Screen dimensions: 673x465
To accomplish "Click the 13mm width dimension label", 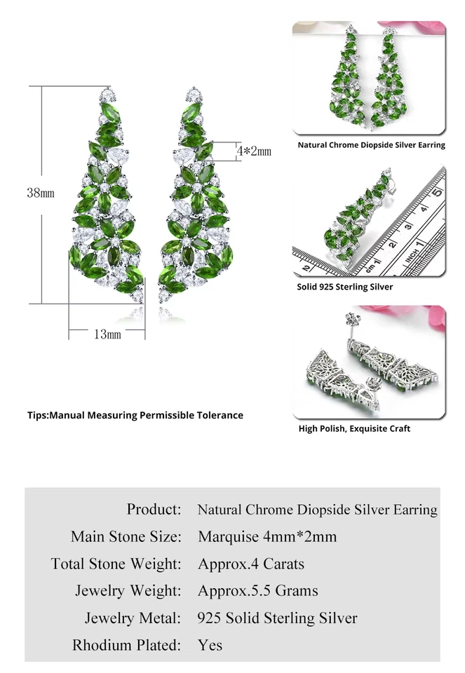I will (x=107, y=334).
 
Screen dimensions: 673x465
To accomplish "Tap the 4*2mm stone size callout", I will (x=253, y=151).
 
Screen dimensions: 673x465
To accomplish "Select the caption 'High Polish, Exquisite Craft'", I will (x=354, y=428).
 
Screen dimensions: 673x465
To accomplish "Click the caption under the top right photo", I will (x=371, y=145).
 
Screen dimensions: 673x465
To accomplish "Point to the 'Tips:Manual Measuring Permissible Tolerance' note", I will (x=135, y=415).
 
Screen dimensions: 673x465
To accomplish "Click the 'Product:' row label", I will (x=154, y=509).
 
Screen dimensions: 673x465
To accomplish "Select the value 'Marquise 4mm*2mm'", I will (x=267, y=536).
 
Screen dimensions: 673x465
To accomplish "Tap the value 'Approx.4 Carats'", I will (x=251, y=564).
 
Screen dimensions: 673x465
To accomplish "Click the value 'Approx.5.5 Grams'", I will (x=257, y=591).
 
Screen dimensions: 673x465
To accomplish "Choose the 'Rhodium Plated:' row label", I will (x=126, y=644).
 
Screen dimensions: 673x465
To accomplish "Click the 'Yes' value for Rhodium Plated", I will (x=210, y=644).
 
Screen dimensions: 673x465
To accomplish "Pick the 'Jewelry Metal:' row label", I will (x=133, y=618).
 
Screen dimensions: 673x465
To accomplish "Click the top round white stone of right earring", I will (x=194, y=93).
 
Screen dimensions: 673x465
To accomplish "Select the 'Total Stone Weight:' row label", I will (x=116, y=564).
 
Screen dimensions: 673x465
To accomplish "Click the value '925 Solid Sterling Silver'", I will (x=277, y=618).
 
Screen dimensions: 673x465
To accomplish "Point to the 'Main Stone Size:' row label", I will (x=126, y=536).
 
